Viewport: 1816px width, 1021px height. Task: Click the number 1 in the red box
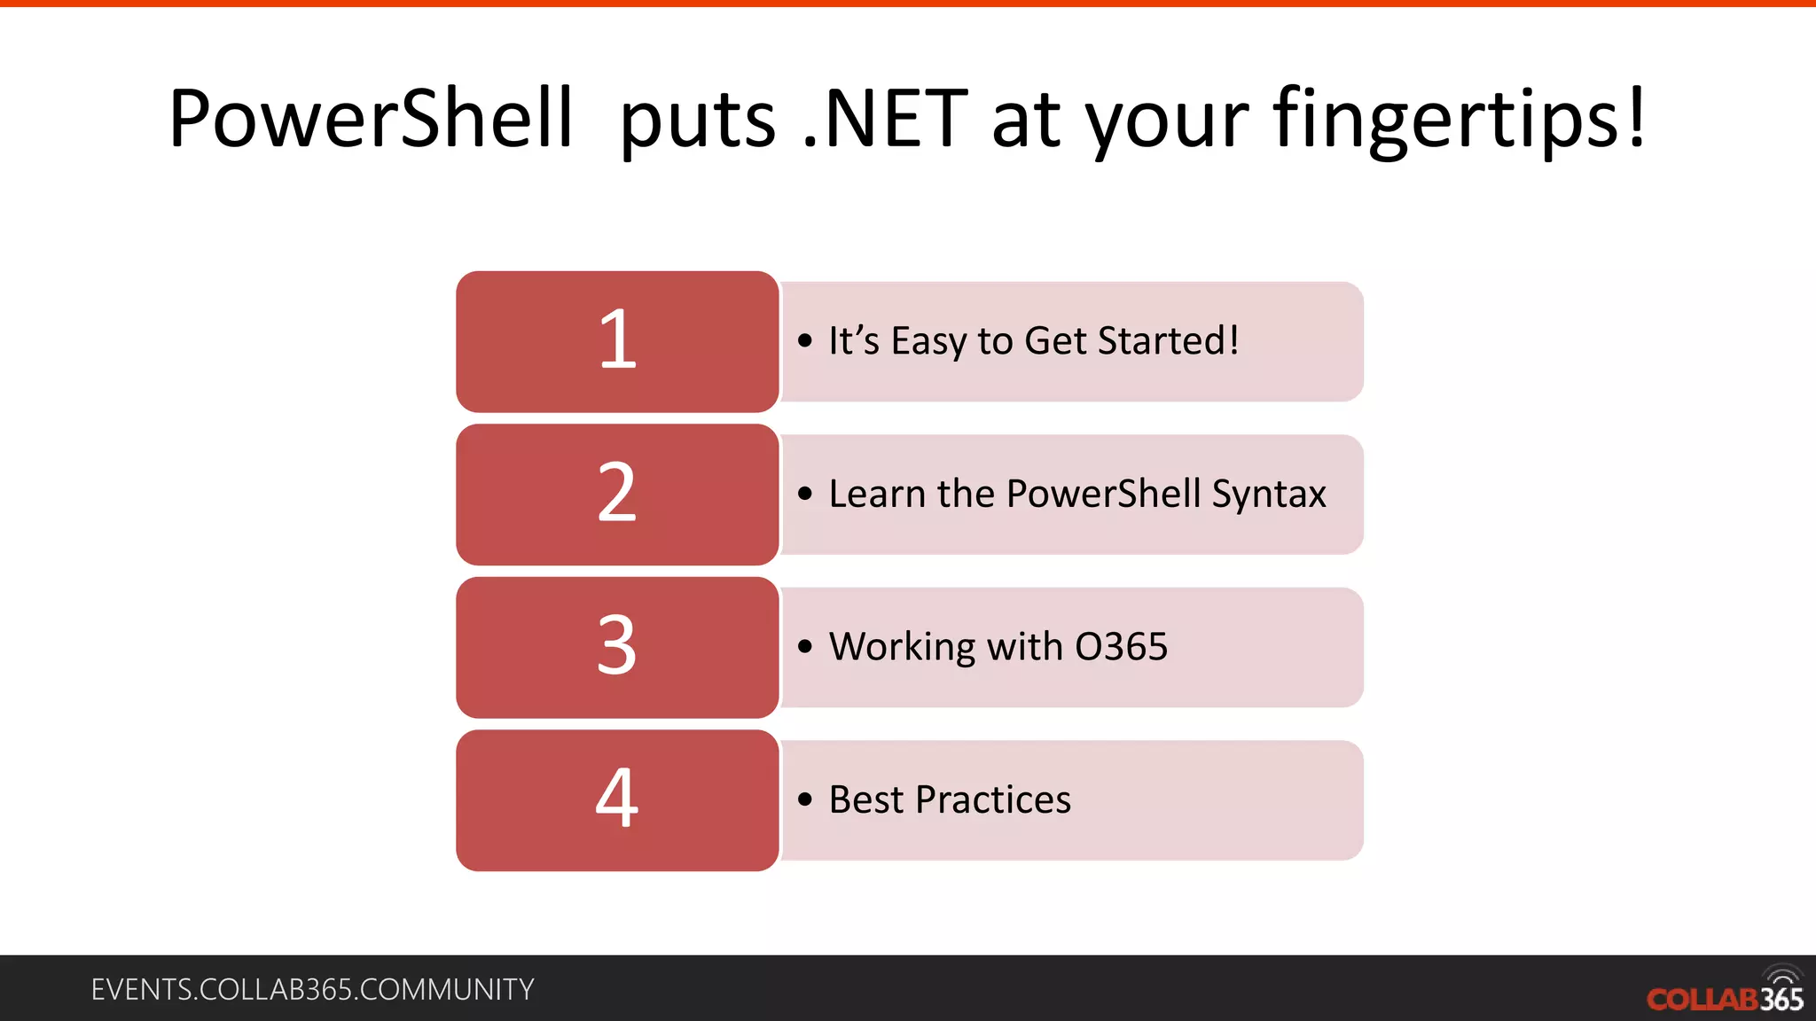[617, 341]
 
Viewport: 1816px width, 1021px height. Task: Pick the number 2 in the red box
[617, 494]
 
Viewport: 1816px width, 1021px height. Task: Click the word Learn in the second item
[877, 494]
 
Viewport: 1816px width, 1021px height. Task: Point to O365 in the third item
[1121, 647]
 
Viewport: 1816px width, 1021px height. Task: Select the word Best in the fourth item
[866, 799]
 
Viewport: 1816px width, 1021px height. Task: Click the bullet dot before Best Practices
[805, 800]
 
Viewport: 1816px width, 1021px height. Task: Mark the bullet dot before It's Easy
[805, 341]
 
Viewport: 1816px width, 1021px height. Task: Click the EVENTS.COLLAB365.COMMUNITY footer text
[312, 989]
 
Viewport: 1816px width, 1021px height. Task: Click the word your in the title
[1168, 120]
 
